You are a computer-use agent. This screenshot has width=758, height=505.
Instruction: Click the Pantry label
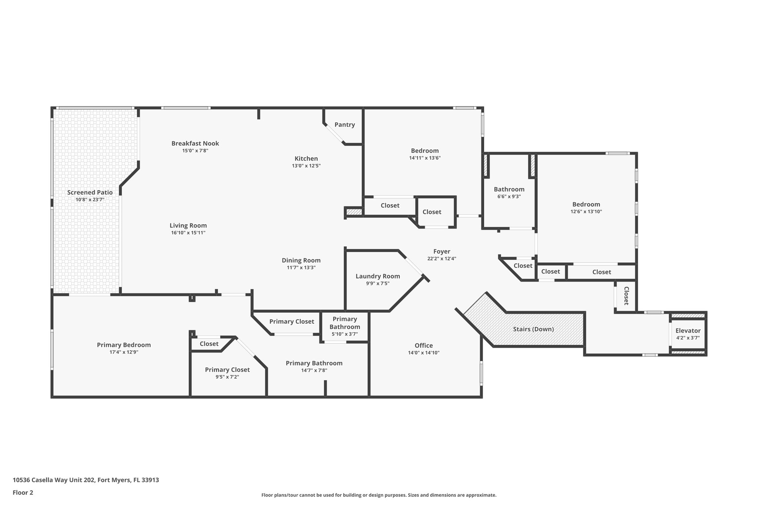(x=345, y=125)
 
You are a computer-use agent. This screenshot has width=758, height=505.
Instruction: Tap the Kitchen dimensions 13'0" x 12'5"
(x=306, y=166)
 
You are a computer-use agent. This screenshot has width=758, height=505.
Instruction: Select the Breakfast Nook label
(x=195, y=144)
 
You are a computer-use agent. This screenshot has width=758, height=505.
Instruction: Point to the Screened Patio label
(x=90, y=192)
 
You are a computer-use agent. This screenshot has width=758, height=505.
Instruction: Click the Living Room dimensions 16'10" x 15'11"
(x=188, y=233)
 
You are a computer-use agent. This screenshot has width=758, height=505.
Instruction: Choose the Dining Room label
(x=301, y=260)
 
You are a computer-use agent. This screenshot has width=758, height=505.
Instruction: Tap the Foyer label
(x=442, y=252)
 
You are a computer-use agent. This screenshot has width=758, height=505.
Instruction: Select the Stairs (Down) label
(x=533, y=329)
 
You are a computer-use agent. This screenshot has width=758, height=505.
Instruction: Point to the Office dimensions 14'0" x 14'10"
(x=423, y=353)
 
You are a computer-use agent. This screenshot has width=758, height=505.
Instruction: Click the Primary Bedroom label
(x=124, y=345)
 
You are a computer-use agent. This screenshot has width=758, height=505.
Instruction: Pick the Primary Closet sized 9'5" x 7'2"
(x=227, y=373)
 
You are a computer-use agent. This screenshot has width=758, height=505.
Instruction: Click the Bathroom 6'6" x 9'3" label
(x=509, y=189)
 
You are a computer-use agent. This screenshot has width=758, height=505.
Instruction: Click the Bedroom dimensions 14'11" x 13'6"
(x=425, y=158)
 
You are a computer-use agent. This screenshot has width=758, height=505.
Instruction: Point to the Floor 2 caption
(x=23, y=492)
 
